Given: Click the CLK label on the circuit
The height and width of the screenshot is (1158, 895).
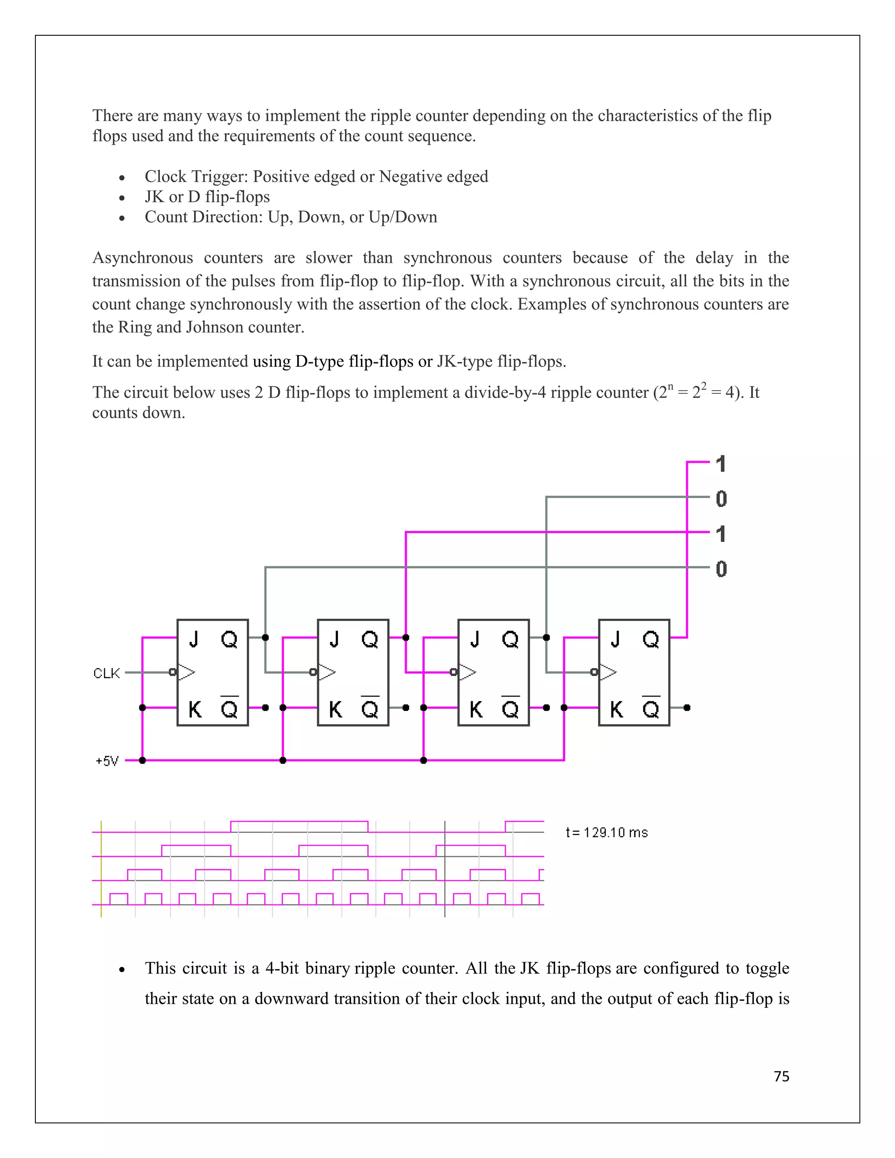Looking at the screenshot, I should (x=107, y=673).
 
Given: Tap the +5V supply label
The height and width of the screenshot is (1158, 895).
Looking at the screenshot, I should (x=107, y=761).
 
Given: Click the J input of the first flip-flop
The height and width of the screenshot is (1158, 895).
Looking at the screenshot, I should (x=194, y=639).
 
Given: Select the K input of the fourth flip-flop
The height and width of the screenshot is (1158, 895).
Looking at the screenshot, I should (x=617, y=709).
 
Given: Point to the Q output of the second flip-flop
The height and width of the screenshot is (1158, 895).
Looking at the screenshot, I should (x=370, y=639).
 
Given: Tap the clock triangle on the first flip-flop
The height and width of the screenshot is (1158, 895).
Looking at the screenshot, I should (x=186, y=673).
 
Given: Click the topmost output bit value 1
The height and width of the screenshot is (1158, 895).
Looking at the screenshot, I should (x=721, y=464).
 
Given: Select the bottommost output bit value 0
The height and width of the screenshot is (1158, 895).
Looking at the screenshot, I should (x=721, y=569).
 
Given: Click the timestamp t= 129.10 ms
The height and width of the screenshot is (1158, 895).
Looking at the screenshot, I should (x=607, y=832).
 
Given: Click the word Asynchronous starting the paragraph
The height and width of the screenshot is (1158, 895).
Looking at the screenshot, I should (x=142, y=258).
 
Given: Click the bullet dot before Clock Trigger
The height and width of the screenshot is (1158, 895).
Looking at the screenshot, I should (x=122, y=177).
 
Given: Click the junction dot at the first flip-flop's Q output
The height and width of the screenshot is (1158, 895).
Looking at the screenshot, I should (x=265, y=637).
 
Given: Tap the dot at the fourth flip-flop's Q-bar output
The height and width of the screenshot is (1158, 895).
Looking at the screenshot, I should (x=687, y=707).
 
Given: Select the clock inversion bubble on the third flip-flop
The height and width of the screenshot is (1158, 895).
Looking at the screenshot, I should (x=453, y=673).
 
